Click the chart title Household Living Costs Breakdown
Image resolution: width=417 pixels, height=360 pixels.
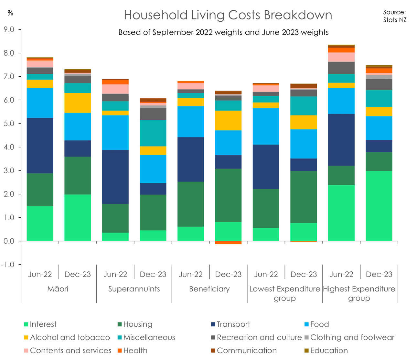click(228, 15)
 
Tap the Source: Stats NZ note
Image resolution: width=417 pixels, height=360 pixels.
click(394, 16)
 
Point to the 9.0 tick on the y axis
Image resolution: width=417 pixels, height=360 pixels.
click(9, 29)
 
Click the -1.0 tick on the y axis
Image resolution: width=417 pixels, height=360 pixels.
click(8, 265)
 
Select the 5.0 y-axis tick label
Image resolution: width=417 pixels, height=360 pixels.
click(9, 124)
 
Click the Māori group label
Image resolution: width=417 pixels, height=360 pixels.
click(58, 289)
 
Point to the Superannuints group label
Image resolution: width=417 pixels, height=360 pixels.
click(134, 289)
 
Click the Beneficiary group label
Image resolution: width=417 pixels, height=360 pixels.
click(209, 289)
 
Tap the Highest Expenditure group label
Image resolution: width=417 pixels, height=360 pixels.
click(359, 293)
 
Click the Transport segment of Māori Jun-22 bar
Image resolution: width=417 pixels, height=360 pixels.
click(40, 146)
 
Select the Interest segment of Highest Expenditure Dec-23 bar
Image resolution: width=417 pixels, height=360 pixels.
click(379, 206)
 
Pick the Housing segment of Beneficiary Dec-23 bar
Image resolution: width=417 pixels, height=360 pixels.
click(228, 195)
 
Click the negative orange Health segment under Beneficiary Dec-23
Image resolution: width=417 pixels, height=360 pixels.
click(228, 243)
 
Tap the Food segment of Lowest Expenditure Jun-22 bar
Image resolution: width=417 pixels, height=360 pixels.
click(266, 126)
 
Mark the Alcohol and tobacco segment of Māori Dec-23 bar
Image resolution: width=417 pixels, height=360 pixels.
click(78, 103)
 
